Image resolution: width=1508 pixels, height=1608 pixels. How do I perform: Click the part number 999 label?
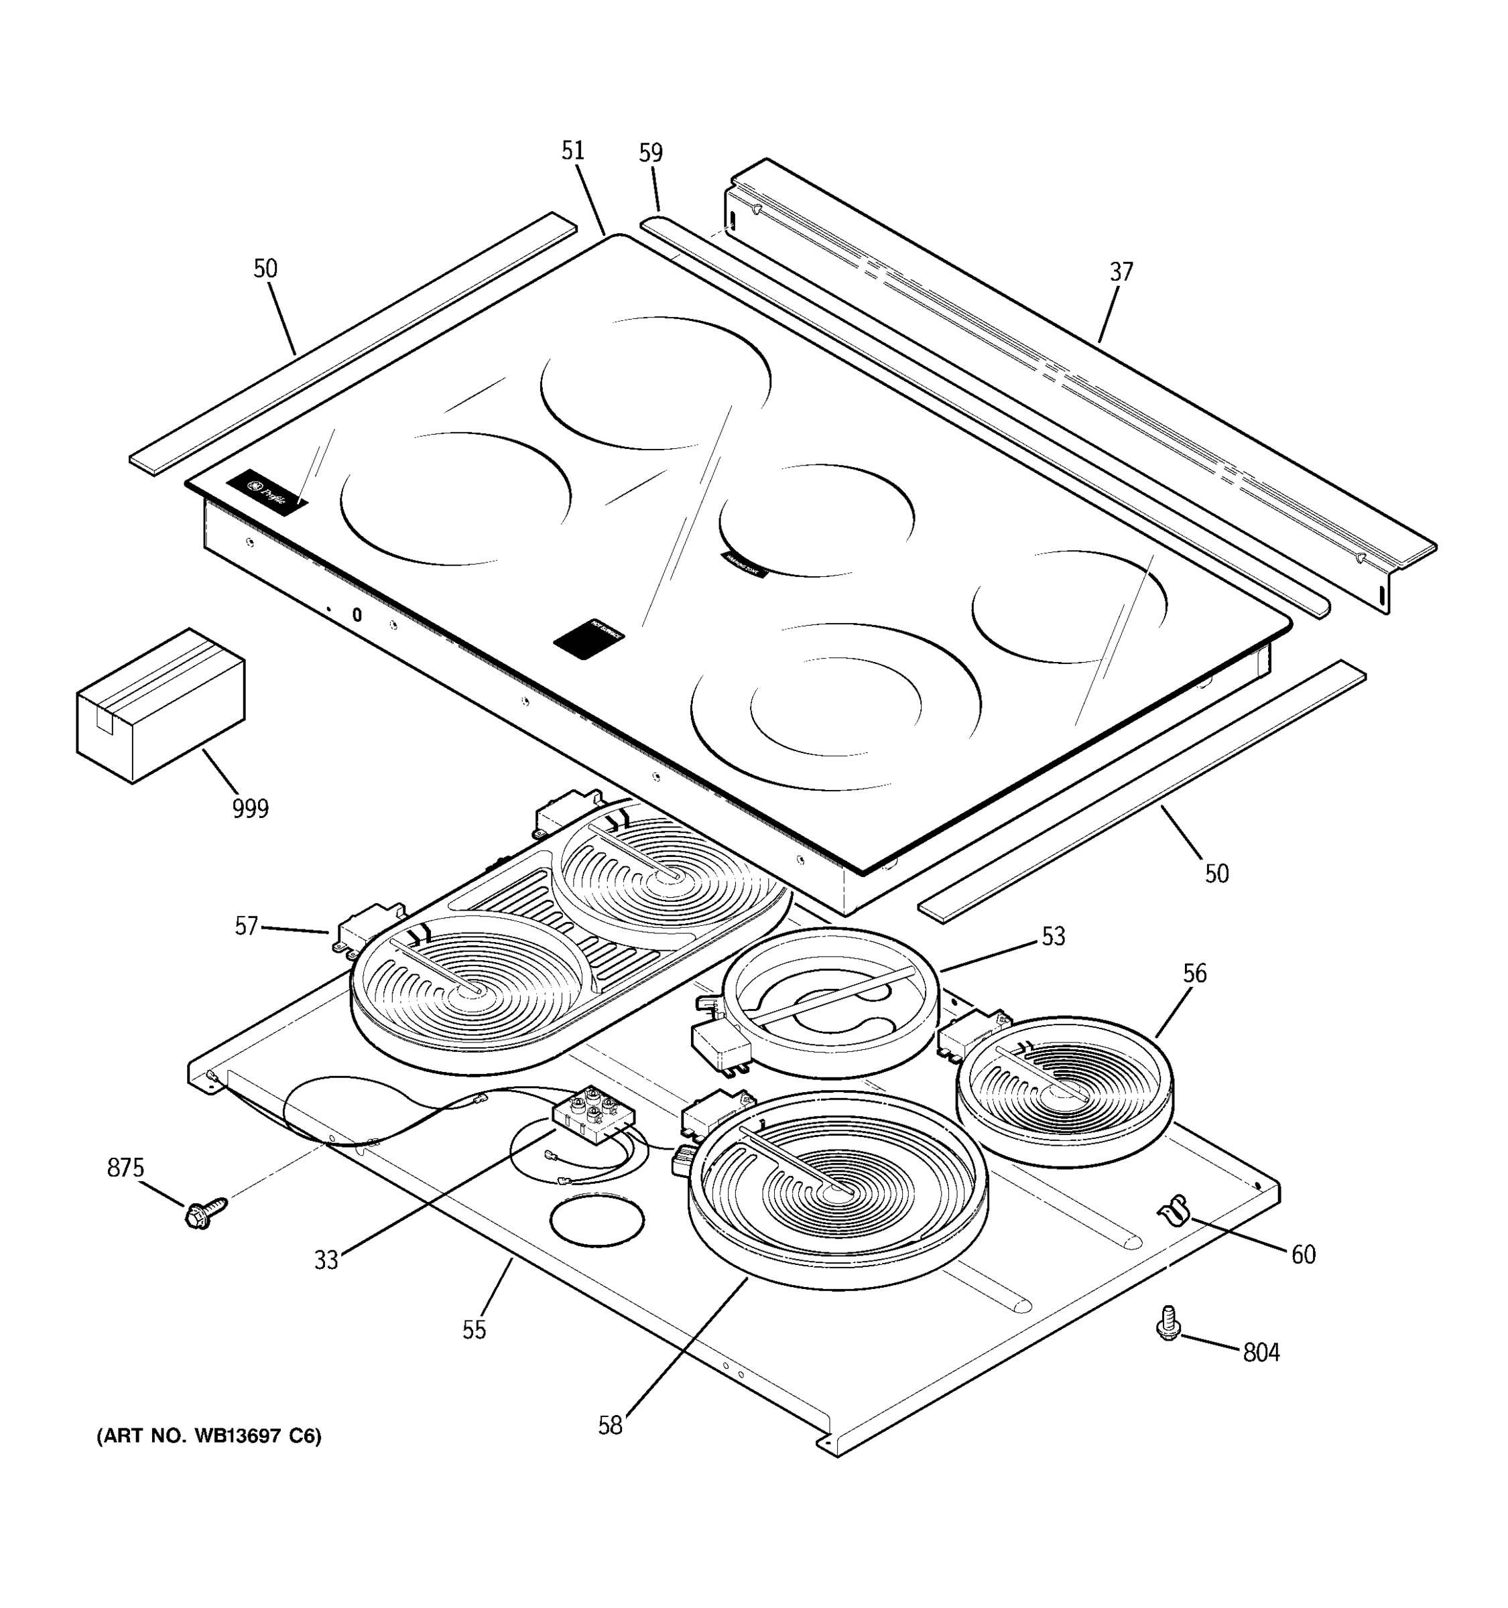[250, 808]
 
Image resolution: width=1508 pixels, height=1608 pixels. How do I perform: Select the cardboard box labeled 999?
[160, 705]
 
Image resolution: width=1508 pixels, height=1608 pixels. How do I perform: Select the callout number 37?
[1121, 272]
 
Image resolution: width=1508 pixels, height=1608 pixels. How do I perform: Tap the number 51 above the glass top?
[573, 151]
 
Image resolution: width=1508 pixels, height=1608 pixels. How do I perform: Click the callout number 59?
[650, 153]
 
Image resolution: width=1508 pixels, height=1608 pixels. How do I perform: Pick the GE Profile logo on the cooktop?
[267, 492]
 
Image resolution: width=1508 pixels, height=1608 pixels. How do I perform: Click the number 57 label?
[246, 926]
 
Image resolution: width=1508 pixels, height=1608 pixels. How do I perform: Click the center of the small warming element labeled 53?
[830, 1003]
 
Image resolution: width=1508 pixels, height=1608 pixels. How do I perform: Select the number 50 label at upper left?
[265, 269]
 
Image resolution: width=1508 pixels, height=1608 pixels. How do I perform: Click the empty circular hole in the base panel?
[597, 1221]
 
